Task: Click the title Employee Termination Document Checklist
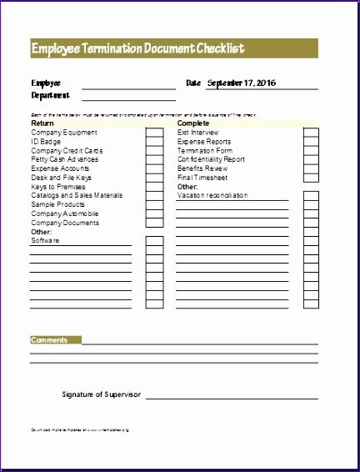(138, 48)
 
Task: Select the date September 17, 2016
(242, 83)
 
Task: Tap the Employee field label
(46, 83)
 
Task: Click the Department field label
(50, 94)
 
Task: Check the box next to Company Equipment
(153, 132)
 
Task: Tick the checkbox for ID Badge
(153, 141)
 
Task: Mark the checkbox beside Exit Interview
(310, 132)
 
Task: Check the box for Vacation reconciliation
(310, 195)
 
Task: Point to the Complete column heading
(192, 123)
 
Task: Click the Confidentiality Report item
(211, 159)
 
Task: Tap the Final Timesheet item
(202, 178)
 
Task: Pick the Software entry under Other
(45, 240)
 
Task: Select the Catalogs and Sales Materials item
(77, 195)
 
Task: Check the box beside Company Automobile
(153, 213)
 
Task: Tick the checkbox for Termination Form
(310, 150)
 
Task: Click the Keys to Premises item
(57, 186)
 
